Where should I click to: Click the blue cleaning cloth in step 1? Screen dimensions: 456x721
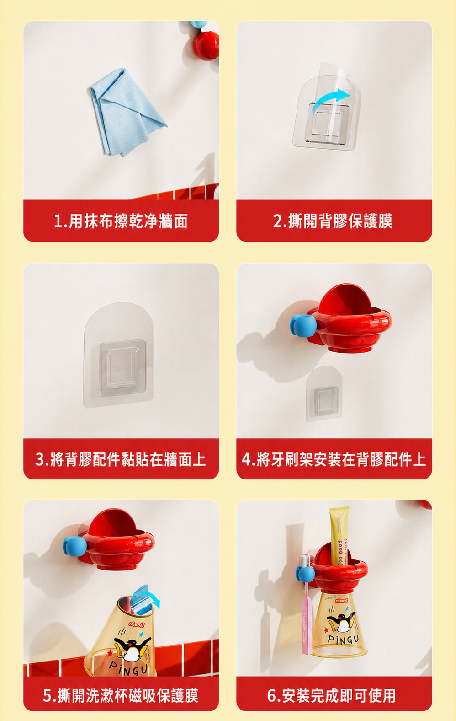(127, 113)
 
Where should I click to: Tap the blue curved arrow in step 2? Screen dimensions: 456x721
(331, 100)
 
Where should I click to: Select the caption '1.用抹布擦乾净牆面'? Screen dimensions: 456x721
(121, 221)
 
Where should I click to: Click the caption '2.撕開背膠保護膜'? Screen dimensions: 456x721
(333, 221)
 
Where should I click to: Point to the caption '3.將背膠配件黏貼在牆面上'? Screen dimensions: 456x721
(121, 459)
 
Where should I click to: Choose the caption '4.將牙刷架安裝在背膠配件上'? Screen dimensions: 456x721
(334, 459)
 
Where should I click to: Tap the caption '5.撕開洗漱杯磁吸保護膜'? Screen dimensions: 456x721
(121, 696)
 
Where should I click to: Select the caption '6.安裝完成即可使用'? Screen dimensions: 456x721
(332, 696)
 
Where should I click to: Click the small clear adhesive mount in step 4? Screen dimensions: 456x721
(324, 393)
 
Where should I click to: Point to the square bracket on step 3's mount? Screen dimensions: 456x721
(123, 367)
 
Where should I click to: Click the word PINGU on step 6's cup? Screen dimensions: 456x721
(344, 640)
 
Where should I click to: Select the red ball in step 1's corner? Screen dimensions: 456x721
(206, 45)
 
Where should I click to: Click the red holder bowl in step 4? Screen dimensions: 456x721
(349, 319)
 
